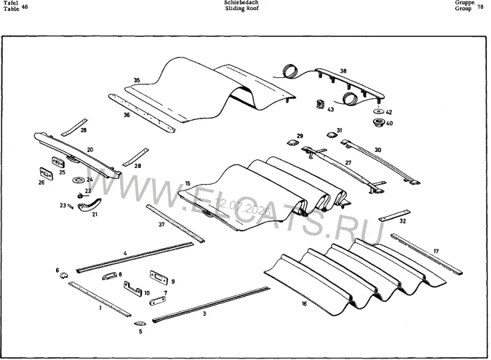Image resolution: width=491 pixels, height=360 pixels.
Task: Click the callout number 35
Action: pos(137,81)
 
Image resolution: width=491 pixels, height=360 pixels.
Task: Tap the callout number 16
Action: pos(304,303)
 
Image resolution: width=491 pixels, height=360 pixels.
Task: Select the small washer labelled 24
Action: pos(77,180)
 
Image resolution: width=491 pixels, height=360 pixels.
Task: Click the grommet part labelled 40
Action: pos(379,123)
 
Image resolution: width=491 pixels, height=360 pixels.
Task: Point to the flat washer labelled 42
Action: pos(379,111)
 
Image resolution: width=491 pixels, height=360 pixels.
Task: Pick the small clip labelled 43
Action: pos(320,104)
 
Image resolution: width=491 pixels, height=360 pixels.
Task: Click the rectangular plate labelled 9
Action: pos(159,278)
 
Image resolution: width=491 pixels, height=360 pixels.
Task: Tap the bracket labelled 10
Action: pos(133,289)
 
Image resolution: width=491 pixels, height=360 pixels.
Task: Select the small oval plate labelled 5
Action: pos(139,323)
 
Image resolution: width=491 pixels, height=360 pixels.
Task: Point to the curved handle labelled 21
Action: pos(89,205)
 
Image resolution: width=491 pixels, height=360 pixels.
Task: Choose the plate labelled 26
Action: pos(46,174)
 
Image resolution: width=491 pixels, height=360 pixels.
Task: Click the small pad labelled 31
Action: pos(332,135)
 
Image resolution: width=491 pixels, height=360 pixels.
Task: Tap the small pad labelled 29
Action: pos(292,143)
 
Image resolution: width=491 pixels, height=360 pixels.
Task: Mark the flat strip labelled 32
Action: pos(394,215)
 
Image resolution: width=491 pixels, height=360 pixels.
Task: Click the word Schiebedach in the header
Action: pos(241,2)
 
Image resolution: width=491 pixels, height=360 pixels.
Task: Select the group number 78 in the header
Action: pos(480,7)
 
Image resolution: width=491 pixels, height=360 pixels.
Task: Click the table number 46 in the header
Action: pos(25,6)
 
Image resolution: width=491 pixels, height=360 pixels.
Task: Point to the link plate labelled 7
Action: pos(157,301)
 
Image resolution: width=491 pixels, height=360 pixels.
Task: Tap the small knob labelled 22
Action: pos(81,196)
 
